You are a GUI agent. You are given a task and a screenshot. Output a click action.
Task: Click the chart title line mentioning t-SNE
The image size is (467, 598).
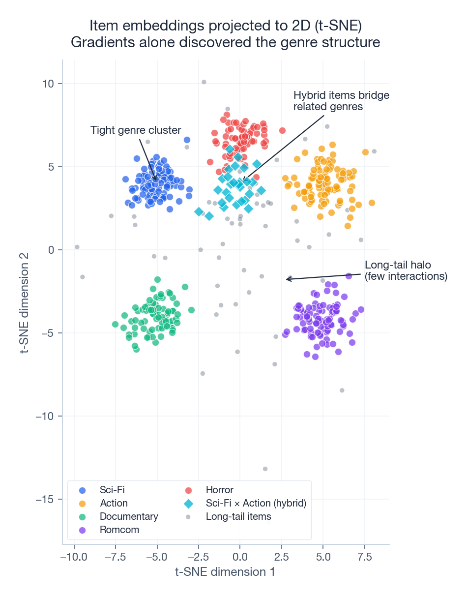point(226,26)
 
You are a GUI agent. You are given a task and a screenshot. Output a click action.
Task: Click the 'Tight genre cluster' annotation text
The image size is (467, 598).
point(136,130)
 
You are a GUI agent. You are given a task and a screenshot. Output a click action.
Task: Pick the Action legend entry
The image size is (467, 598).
point(114,503)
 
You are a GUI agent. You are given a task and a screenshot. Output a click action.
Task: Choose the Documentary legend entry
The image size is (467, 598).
point(129,516)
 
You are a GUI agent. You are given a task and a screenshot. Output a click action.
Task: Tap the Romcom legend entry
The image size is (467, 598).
point(119,530)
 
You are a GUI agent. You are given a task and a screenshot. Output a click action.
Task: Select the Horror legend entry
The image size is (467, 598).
point(219,490)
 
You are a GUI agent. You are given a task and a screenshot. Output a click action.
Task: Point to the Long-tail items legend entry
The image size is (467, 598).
point(238,516)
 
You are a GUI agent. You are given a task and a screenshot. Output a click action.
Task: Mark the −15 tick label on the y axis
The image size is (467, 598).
point(46,499)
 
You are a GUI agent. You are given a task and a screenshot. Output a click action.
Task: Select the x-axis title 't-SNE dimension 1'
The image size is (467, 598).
point(226,572)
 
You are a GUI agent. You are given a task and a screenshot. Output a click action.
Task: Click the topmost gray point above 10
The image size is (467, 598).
point(204,82)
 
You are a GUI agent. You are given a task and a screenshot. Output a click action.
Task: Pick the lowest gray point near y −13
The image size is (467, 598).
point(265,469)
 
